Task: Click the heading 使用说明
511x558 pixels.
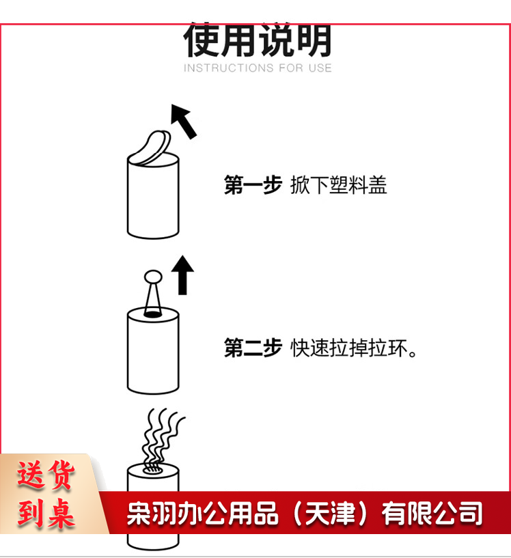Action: pos(258,40)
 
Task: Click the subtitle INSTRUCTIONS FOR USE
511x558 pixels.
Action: pos(258,68)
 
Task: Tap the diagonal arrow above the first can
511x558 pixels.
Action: pos(184,121)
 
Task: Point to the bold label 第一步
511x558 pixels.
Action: pos(253,184)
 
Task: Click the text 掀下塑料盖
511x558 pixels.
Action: pos(338,184)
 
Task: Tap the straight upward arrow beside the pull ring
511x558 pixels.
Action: pos(182,275)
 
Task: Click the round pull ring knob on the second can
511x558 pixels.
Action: pos(153,277)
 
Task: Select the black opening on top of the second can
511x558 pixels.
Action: pos(152,314)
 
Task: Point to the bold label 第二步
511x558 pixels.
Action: pos(253,348)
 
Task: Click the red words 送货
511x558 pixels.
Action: pos(46,475)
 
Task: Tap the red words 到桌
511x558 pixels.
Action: pos(46,513)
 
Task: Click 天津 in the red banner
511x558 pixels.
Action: pos(330,513)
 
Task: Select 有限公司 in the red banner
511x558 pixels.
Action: pos(432,513)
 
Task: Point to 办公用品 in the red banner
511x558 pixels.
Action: pos(227,513)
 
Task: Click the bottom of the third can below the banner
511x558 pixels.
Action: pos(153,542)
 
